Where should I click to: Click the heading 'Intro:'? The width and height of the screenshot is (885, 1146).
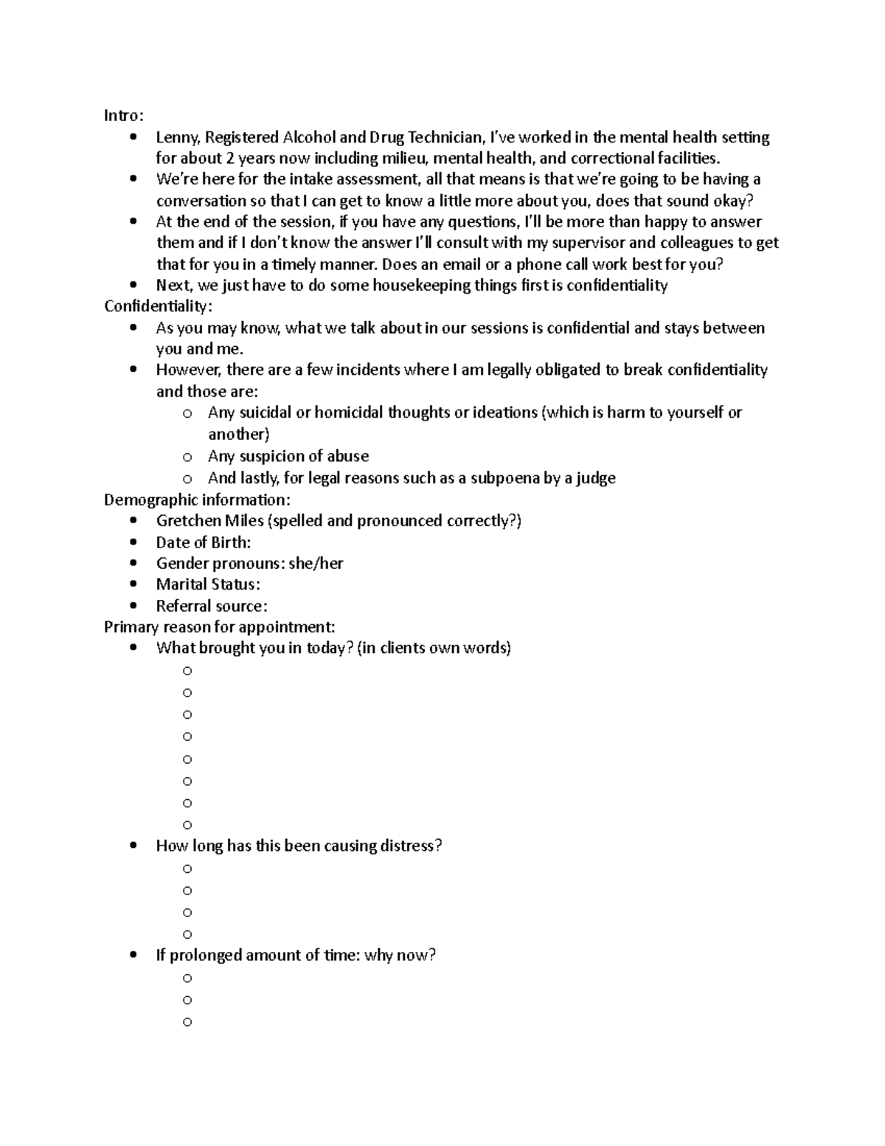coord(124,116)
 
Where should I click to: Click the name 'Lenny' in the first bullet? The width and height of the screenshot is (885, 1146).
coord(177,137)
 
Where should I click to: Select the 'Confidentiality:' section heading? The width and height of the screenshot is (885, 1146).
coord(158,306)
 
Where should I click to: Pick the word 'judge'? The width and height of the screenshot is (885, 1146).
coord(596,478)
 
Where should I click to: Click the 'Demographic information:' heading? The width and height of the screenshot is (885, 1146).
coord(197,500)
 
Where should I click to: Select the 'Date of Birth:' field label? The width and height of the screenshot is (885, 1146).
coord(203,542)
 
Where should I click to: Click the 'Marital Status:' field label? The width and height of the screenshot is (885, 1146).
coord(207,584)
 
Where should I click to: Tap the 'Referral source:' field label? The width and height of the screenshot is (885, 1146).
coord(211,606)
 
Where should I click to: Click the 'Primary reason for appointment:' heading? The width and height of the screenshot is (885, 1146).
coord(219,627)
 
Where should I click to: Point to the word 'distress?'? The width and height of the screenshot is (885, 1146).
coord(411,846)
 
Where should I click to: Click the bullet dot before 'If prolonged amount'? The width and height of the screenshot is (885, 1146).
coord(133,956)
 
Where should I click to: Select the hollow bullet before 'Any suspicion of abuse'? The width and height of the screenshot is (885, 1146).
coord(187,457)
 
